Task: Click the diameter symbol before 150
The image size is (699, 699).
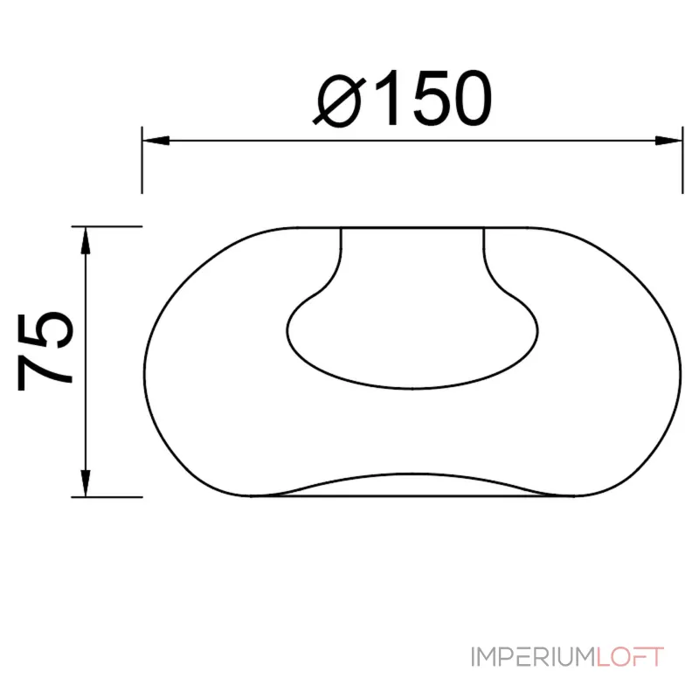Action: coord(339,101)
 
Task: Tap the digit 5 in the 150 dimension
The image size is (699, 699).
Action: coord(430,99)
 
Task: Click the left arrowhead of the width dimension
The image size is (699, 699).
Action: coord(156,141)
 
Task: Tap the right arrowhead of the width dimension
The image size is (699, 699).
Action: coord(668,141)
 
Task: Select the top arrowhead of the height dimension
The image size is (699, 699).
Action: coord(86,241)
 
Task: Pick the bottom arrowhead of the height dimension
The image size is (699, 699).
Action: coord(86,483)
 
